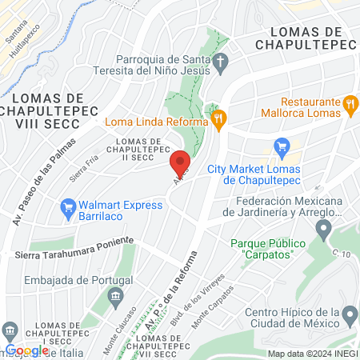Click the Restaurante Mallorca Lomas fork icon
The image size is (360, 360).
click(350, 103)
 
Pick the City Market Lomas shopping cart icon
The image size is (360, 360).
click(281, 147)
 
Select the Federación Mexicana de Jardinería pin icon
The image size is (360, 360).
click(322, 230)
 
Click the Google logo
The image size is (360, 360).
click(26, 350)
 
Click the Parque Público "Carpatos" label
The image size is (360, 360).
click(262, 248)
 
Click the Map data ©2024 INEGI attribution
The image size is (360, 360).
click(312, 354)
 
